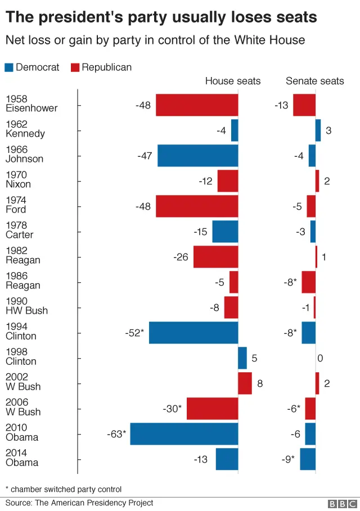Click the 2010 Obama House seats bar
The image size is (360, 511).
tap(184, 434)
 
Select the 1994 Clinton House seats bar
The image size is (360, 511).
tap(193, 333)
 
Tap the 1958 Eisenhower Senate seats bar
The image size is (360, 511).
tap(304, 105)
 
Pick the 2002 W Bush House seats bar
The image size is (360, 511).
tap(245, 383)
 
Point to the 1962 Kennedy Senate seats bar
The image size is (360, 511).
tap(318, 130)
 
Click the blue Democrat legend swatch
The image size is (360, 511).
tap(10, 67)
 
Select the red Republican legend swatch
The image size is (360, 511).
tap(75, 67)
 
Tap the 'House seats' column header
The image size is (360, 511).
tap(232, 81)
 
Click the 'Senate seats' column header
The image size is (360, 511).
tap(314, 81)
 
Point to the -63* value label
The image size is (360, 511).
tap(116, 434)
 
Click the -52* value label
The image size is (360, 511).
tap(134, 333)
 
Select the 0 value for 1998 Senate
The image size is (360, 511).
tap(320, 358)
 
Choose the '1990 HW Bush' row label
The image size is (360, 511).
tap(26, 306)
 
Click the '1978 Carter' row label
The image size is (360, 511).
tap(20, 230)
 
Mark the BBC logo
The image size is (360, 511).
tap(341, 504)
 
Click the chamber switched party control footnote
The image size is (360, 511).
tap(63, 489)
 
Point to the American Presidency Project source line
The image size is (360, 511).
tap(79, 503)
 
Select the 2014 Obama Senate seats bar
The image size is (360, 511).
tap(308, 459)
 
